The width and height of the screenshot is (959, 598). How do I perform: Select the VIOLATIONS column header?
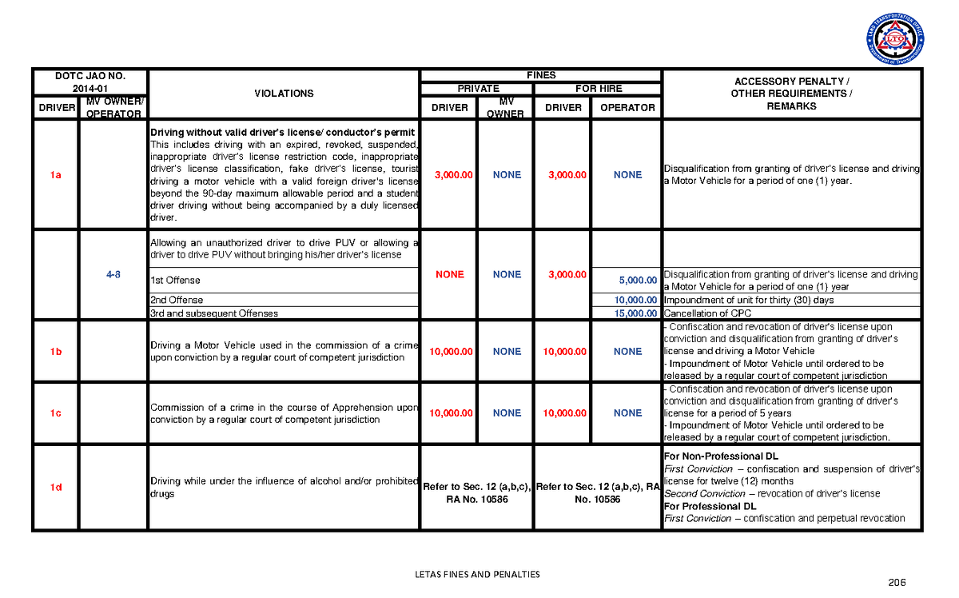tap(284, 94)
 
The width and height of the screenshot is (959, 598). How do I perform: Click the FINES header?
tap(541, 75)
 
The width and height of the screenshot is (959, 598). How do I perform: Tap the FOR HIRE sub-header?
tap(599, 89)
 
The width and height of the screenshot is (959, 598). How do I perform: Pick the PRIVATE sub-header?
tap(478, 89)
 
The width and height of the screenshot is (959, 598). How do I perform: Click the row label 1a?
tap(54, 175)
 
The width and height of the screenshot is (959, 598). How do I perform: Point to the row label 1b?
tap(54, 352)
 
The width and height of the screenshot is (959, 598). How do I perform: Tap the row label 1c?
tap(54, 413)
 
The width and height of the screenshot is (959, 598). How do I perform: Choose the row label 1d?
tap(54, 488)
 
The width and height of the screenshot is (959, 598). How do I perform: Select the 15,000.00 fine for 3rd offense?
tap(635, 313)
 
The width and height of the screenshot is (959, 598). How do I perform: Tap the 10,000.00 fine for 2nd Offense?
tap(635, 300)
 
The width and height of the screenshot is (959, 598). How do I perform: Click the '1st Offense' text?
tap(175, 281)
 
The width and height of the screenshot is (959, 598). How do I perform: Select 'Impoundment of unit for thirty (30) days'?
tap(749, 300)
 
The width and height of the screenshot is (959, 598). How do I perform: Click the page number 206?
tap(899, 583)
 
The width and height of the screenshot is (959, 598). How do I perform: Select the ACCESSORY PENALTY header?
tap(791, 82)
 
